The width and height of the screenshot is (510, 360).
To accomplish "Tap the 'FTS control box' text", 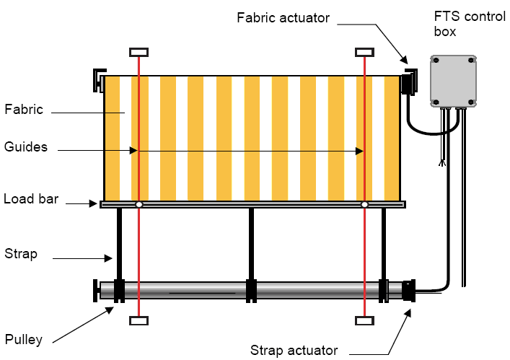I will coord(470,24).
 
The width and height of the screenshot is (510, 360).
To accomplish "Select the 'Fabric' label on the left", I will coord(24,110).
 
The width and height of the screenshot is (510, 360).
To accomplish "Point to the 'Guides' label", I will coord(25,147).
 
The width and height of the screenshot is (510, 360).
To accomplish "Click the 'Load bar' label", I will coord(30,198).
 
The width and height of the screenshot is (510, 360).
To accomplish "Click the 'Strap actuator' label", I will coord(294,351).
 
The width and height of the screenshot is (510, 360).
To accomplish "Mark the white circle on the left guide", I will coord(139,205).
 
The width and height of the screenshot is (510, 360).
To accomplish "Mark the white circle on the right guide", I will coord(365,205).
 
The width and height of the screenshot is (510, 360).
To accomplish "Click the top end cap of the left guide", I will coord(139,52).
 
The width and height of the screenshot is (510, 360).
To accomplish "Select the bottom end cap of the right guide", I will coord(365,320).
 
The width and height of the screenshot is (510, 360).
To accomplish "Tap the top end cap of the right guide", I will coord(365,52).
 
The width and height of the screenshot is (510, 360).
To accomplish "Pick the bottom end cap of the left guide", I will coord(139,320).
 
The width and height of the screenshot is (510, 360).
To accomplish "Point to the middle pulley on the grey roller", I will coord(251,290).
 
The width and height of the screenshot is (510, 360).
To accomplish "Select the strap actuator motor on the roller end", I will coord(409,291).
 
